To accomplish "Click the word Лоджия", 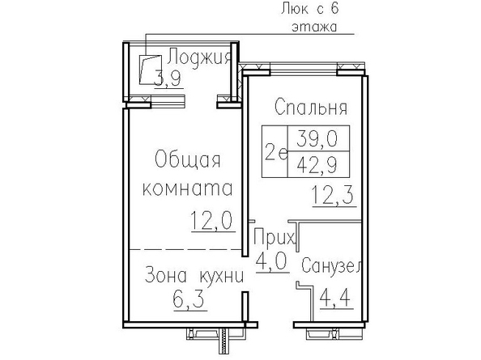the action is click(x=199, y=57).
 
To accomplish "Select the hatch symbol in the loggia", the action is click(x=151, y=70).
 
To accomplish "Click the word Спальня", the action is click(x=311, y=107).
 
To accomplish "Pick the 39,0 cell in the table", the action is click(x=318, y=138).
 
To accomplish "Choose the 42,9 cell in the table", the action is click(x=318, y=164).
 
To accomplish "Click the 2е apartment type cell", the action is click(x=275, y=151).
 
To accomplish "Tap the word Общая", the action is click(x=188, y=159).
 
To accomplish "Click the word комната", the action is click(x=188, y=188).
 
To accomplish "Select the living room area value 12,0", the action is click(x=212, y=221).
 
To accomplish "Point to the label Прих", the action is click(x=274, y=237).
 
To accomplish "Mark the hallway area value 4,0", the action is click(x=271, y=261).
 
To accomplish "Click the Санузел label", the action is click(x=331, y=266).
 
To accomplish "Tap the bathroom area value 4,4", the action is click(x=335, y=298).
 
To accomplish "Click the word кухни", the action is click(x=222, y=276).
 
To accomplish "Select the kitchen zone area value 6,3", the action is click(x=189, y=299).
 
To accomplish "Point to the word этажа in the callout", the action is click(x=314, y=27).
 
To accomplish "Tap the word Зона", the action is click(x=166, y=275).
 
